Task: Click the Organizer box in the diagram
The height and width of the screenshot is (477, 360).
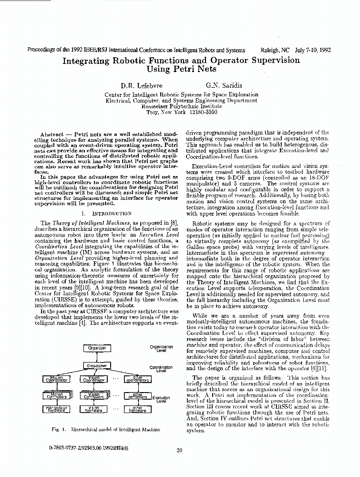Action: click(97, 348)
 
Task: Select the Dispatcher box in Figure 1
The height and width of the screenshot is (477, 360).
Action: click(97, 366)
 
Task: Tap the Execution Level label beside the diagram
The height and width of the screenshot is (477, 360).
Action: click(161, 399)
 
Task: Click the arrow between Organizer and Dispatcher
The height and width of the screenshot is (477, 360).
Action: click(97, 357)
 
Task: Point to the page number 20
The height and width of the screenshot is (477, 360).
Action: click(179, 450)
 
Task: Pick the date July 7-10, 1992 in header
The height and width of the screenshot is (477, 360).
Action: click(313, 50)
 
